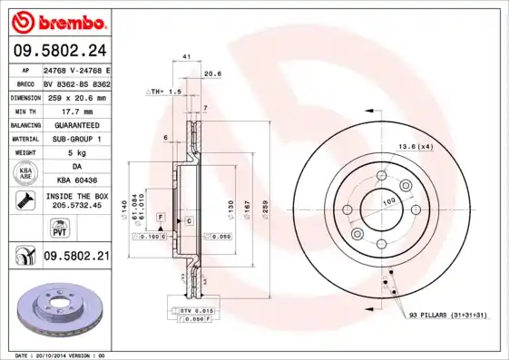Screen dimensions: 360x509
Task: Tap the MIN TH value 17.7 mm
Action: (76, 112)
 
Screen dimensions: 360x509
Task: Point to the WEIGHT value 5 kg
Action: (76, 153)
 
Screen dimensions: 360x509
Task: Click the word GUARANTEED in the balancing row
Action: (76, 125)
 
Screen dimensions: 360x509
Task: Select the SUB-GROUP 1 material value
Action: (76, 139)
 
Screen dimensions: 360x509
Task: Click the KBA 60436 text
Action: (76, 180)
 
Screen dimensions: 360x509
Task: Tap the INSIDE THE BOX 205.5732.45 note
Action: (76, 201)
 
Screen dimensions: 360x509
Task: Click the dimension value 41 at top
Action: (186, 57)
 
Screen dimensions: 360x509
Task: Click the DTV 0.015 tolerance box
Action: (194, 310)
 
